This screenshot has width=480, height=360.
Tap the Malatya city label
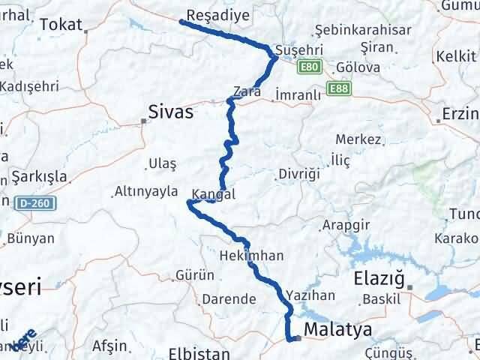coord(337,329)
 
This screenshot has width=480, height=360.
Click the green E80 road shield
coord(307,67)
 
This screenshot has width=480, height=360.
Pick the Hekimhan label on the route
coord(252,256)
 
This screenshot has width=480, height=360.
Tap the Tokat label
coord(61,25)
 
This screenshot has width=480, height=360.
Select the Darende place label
coord(229,299)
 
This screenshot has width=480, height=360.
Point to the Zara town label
coord(247,92)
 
